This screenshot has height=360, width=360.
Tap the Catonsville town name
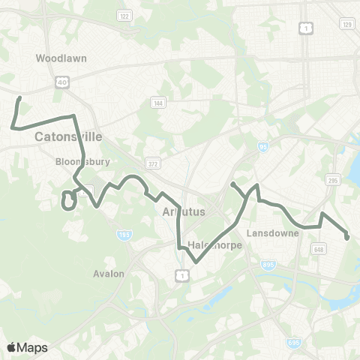point(68,137)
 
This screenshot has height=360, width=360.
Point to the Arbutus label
point(184,212)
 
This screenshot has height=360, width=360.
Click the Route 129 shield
point(346,25)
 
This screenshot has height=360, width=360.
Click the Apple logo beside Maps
point(11,347)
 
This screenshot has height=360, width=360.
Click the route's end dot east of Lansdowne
point(347,237)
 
